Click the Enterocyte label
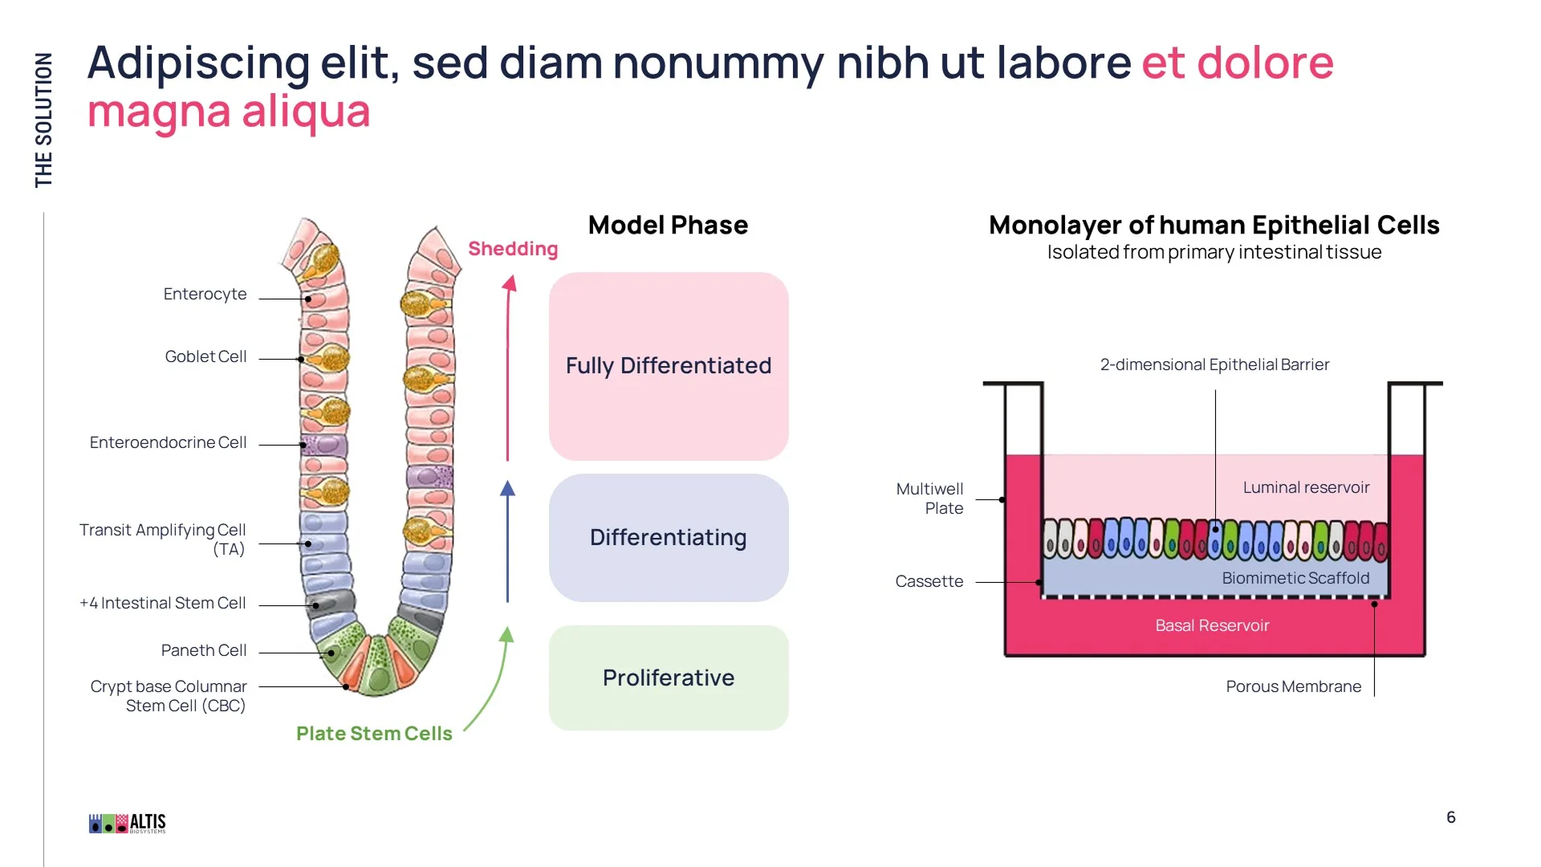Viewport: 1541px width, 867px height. [205, 294]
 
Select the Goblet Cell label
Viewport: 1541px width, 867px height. [205, 356]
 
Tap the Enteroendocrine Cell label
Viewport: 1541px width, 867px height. [168, 442]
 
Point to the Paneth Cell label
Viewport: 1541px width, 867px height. [204, 650]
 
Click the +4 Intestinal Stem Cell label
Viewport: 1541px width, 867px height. [162, 603]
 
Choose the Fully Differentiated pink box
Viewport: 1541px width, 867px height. [668, 366]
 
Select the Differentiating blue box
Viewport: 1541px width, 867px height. [668, 537]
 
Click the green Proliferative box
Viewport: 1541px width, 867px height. [668, 678]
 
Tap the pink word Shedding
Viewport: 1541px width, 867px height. [513, 249]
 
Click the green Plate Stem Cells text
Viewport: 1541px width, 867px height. [374, 734]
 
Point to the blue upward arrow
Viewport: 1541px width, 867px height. [507, 542]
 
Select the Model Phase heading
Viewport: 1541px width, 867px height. [668, 225]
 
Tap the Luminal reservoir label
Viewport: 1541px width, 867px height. [1306, 487]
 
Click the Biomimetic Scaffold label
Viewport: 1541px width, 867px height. [1295, 578]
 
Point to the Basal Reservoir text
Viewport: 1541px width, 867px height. [1212, 625]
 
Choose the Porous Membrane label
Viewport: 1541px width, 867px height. [1293, 686]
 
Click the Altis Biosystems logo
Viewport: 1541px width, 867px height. [128, 823]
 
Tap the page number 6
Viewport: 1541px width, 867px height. [1450, 817]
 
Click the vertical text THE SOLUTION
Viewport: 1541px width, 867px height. [43, 120]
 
